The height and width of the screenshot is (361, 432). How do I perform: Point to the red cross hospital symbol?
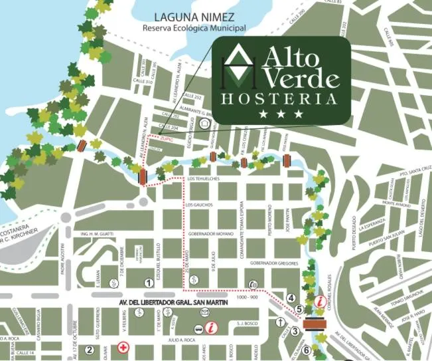(123, 347)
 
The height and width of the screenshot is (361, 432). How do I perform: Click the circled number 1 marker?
(149, 283)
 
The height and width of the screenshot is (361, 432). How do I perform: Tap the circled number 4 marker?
(291, 297)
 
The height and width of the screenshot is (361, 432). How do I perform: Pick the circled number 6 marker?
(306, 350)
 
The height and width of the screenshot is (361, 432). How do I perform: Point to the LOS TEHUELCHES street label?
(204, 180)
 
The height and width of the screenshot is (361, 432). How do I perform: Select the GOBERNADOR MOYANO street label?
(212, 234)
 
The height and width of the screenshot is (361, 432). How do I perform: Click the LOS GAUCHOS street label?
(200, 205)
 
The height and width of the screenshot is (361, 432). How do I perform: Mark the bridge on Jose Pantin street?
(287, 160)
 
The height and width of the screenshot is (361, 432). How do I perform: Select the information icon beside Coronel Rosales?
(320, 301)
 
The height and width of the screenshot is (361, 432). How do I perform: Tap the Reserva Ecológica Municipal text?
(194, 29)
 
